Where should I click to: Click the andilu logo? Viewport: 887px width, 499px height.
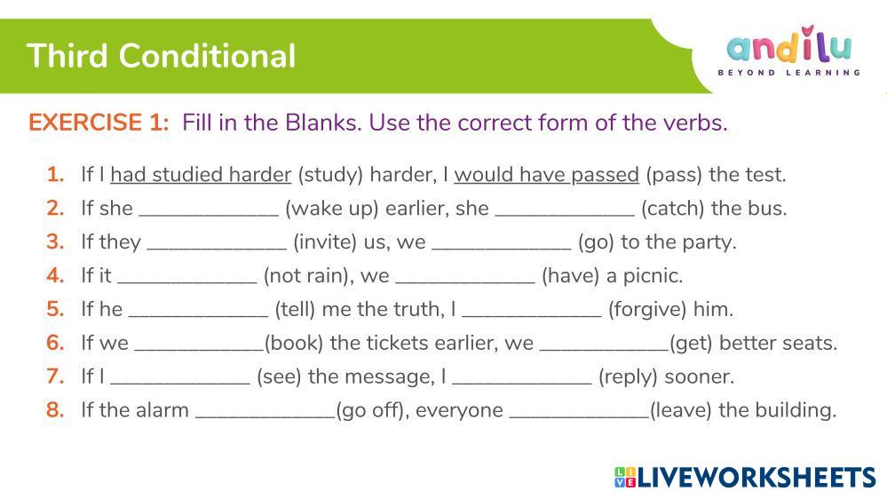[789, 44]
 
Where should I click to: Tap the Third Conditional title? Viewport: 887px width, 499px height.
[162, 56]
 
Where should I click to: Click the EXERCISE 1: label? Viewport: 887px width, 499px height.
[99, 123]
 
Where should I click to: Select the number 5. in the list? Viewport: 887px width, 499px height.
[55, 309]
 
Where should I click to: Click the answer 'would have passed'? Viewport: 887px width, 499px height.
[546, 175]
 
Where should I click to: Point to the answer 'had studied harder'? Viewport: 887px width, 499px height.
[201, 175]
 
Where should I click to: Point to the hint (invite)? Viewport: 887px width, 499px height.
[325, 242]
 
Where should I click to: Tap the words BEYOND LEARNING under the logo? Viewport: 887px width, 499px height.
[789, 73]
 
